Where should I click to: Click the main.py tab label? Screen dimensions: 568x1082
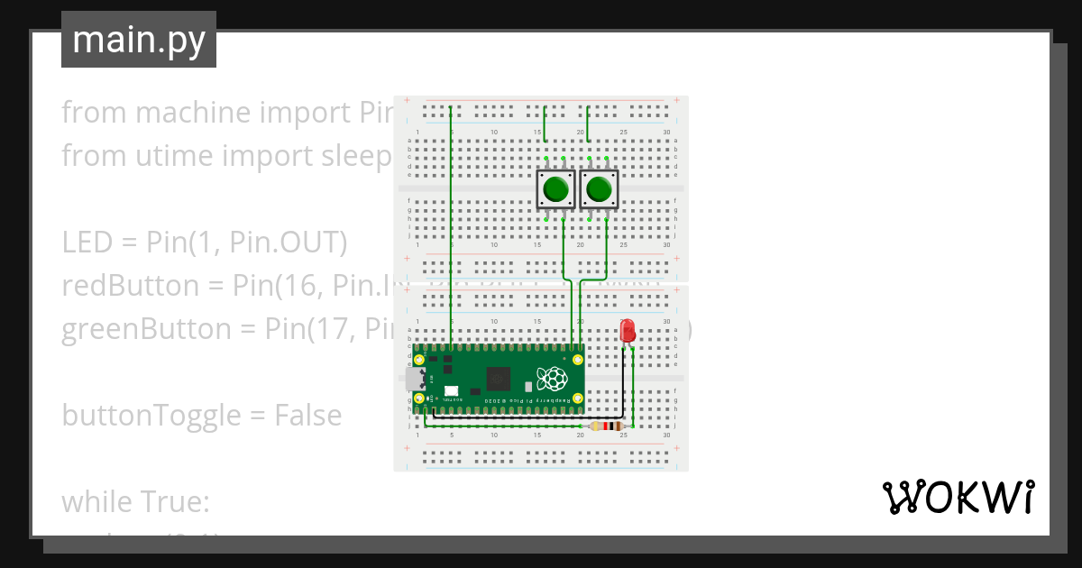pos(139,40)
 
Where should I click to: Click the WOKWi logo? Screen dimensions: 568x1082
pos(958,497)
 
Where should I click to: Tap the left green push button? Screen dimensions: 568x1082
pos(555,190)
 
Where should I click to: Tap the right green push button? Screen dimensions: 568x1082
pos(598,190)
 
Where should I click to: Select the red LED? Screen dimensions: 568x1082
pos(628,331)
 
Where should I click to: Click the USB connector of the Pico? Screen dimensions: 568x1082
pos(416,379)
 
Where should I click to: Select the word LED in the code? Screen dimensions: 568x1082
pos(87,243)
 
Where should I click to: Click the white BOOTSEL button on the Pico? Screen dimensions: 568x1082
pos(450,393)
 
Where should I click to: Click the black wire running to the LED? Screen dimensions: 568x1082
pos(622,388)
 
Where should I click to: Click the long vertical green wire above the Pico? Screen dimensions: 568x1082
pos(450,225)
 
